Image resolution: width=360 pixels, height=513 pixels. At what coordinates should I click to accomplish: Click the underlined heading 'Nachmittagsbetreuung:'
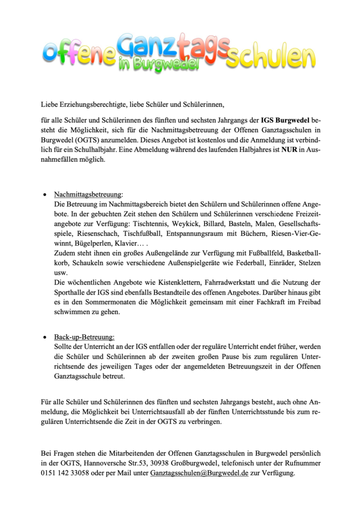(x=88, y=194)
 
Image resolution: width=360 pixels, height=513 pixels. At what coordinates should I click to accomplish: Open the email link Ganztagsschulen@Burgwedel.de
(x=199, y=473)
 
